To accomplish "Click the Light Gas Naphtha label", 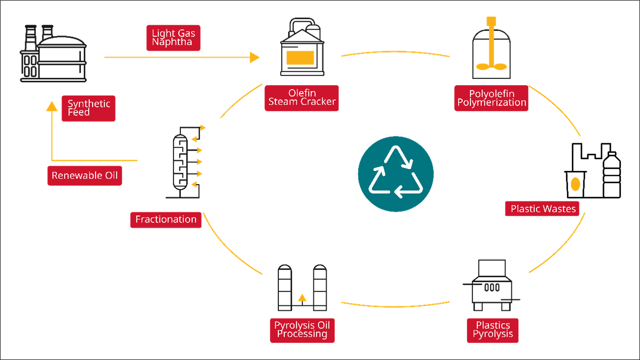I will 173,38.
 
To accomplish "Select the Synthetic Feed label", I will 89,108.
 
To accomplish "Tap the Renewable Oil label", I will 85,176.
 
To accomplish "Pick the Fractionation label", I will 166,220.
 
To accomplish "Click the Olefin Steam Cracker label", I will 302,98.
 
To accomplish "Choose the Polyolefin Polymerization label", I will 491,98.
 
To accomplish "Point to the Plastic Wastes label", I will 543,209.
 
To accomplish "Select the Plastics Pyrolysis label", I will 493,329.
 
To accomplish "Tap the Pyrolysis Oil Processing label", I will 302,329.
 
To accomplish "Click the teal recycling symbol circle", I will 396,174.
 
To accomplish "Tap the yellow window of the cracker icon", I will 301,58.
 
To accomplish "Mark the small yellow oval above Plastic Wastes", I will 575,184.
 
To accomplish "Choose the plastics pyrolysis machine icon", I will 492,286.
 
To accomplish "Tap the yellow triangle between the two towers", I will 302,297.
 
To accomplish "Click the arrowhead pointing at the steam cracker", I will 255,58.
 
